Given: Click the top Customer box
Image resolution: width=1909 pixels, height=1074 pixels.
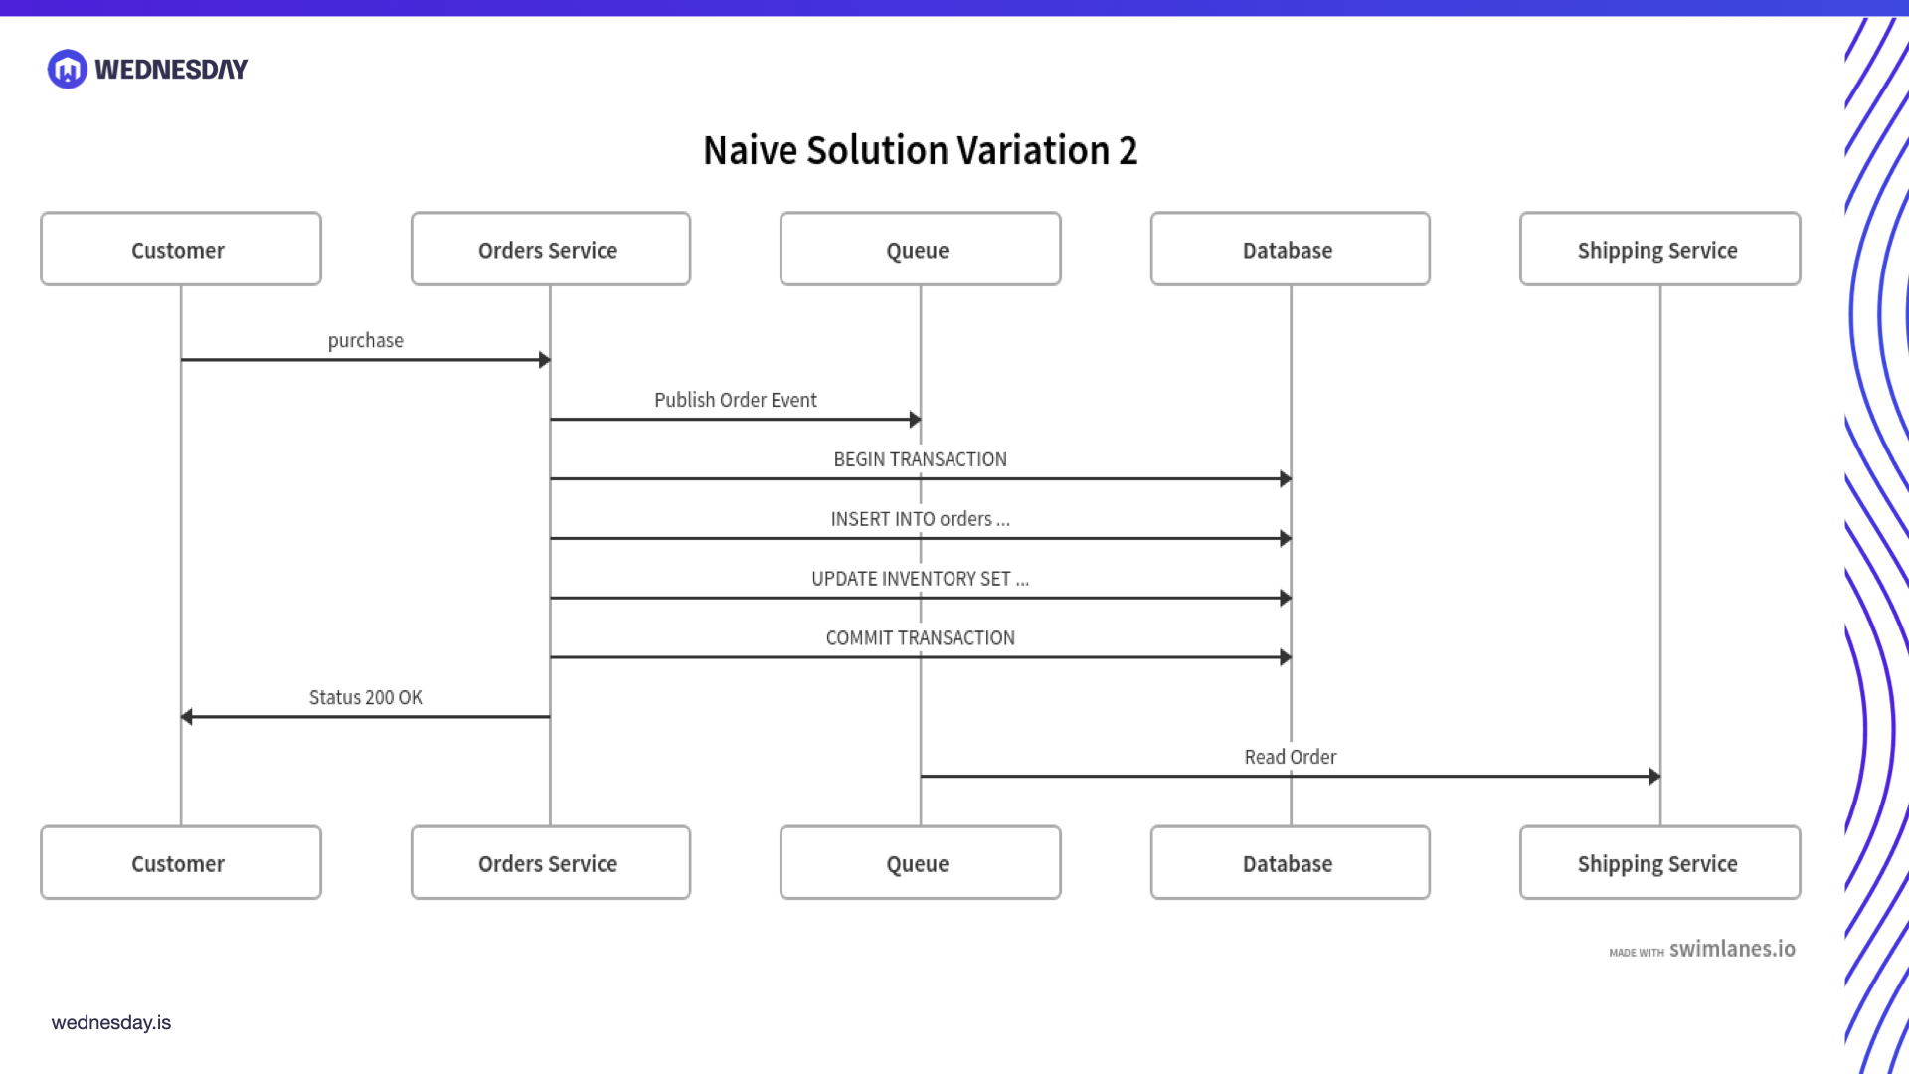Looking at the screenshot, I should pyautogui.click(x=180, y=249).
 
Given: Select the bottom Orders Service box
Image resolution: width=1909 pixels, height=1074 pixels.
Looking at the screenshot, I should pyautogui.click(x=550, y=862).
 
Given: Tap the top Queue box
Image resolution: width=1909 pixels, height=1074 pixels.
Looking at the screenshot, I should pyautogui.click(x=920, y=249).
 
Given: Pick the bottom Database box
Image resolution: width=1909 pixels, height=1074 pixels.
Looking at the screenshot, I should pyautogui.click(x=1290, y=862).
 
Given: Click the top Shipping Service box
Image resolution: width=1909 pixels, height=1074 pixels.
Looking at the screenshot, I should pyautogui.click(x=1659, y=249).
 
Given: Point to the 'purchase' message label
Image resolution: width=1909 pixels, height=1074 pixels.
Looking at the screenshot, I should pyautogui.click(x=365, y=340).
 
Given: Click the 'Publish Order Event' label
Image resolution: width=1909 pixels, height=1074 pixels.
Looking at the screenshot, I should pyautogui.click(x=735, y=400).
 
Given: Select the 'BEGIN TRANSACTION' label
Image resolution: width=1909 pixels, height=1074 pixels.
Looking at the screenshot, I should pyautogui.click(x=920, y=459).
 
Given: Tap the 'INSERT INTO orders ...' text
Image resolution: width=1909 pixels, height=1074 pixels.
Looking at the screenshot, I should pyautogui.click(x=920, y=519).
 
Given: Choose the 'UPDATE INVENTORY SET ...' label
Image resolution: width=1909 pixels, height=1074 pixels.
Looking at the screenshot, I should pyautogui.click(x=920, y=579).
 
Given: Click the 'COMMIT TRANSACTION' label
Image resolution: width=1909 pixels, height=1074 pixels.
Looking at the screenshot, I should pyautogui.click(x=920, y=638).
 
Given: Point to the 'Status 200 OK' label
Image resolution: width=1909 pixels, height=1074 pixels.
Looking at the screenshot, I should pyautogui.click(x=365, y=697).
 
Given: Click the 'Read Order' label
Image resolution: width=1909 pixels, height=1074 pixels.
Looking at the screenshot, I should pyautogui.click(x=1290, y=757).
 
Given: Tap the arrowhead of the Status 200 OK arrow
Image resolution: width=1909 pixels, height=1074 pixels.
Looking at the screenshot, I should pyautogui.click(x=187, y=716).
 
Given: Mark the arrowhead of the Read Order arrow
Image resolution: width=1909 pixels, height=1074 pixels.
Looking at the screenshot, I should pyautogui.click(x=1653, y=776).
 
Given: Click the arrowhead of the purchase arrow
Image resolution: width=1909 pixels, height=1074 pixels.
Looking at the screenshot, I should pyautogui.click(x=544, y=359).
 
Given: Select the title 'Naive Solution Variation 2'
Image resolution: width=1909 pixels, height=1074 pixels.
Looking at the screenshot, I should pyautogui.click(x=920, y=151).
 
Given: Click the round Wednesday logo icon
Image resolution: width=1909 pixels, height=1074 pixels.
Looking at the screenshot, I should pyautogui.click(x=68, y=69).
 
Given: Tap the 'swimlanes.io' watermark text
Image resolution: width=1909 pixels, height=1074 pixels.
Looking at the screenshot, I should pyautogui.click(x=1731, y=949).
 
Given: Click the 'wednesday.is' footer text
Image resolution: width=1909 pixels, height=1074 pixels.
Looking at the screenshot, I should pyautogui.click(x=110, y=1022).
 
